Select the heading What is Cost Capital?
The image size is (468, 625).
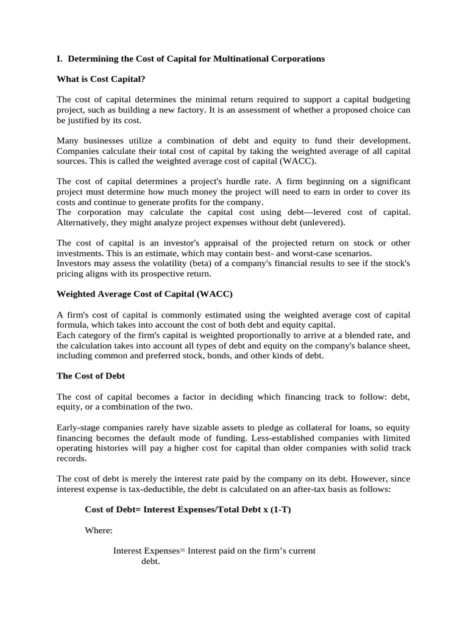click(101, 79)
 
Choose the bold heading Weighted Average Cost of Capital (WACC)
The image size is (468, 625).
click(145, 294)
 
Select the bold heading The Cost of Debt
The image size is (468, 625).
click(91, 376)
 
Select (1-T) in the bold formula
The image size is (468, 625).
click(279, 510)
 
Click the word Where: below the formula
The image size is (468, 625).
click(99, 530)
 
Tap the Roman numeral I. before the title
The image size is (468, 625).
click(60, 59)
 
